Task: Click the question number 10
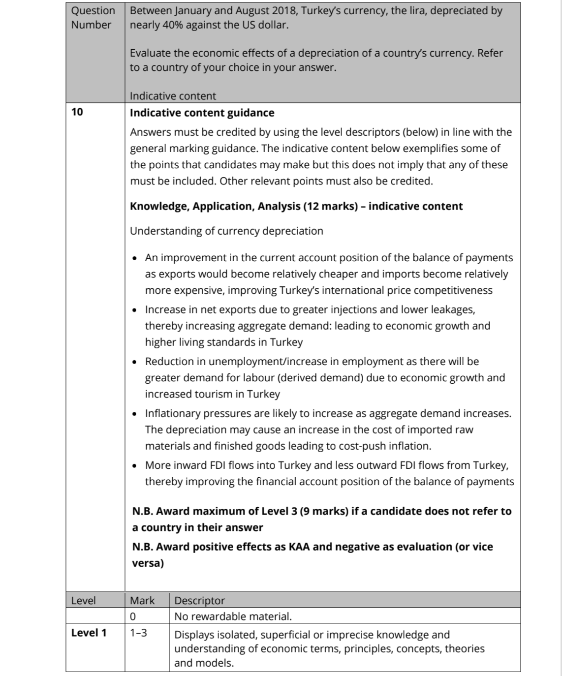[77, 112]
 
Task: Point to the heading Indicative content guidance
[202, 113]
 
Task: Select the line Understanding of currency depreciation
[226, 231]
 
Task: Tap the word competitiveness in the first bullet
[453, 290]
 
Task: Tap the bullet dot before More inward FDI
[136, 466]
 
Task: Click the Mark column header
[142, 600]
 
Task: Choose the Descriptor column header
[199, 600]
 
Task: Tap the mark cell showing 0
[133, 616]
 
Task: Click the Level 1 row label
[89, 633]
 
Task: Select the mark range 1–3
[138, 633]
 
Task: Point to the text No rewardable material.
[233, 616]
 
